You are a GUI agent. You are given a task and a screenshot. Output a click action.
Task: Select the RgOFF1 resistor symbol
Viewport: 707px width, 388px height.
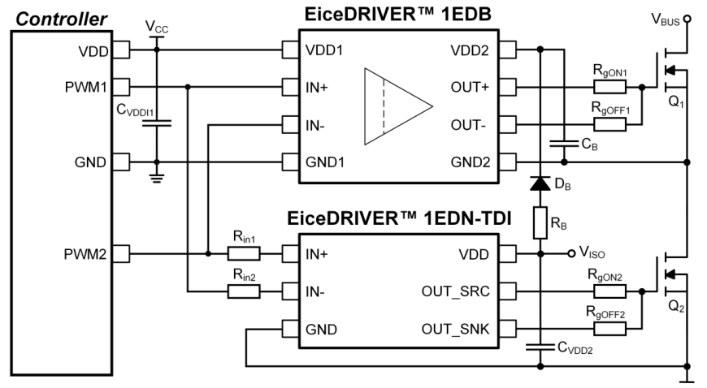609,124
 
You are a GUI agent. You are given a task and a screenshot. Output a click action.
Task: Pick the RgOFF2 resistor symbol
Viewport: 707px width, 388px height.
609,329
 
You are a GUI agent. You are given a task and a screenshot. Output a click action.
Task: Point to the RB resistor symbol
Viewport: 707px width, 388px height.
539,221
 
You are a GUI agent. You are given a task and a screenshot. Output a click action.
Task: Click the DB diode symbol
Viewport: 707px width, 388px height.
539,184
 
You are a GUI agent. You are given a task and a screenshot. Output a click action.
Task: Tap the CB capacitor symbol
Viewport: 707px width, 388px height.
561,143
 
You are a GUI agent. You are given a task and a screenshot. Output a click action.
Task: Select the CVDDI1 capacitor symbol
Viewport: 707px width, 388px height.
157,123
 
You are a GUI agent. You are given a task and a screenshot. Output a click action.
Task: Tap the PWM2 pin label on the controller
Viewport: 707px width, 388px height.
86,255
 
